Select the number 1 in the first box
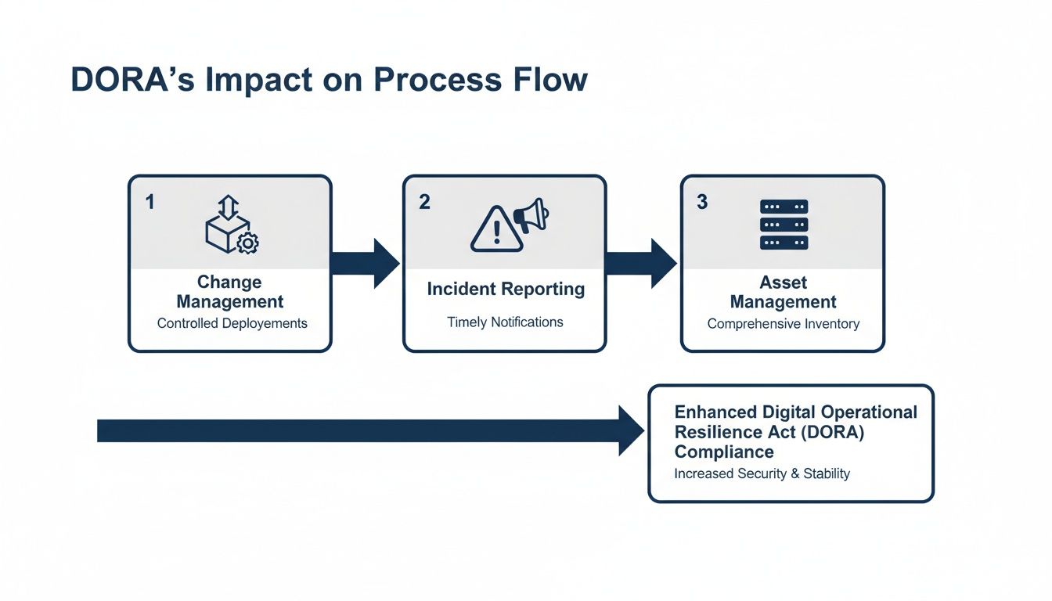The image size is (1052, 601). (x=150, y=202)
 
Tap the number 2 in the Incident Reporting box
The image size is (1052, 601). (x=424, y=202)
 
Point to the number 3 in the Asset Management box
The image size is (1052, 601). (x=702, y=202)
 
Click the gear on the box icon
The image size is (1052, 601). (x=247, y=243)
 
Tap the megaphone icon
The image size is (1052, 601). (x=531, y=215)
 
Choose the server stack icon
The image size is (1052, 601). (x=784, y=225)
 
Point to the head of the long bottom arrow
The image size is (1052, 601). (x=631, y=430)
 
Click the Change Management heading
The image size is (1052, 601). (x=229, y=292)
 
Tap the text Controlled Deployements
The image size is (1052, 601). (x=232, y=323)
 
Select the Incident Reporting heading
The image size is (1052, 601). (x=506, y=289)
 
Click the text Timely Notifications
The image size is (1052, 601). (x=505, y=322)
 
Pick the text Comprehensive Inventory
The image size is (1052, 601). (x=783, y=323)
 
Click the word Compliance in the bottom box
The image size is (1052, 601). (x=724, y=452)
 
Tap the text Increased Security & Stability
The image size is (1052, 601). (x=762, y=473)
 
